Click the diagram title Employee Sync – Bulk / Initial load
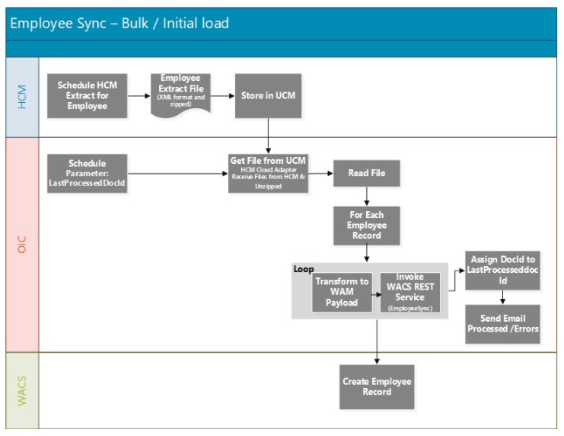pos(119,24)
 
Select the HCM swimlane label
pos(22,97)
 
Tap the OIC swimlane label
pos(22,245)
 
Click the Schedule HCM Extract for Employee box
pos(87,96)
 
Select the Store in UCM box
pos(268,96)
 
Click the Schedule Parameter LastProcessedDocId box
pos(87,173)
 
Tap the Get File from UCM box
pos(268,173)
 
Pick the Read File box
pos(367,174)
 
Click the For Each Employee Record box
pos(367,226)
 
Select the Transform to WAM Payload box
pos(342,292)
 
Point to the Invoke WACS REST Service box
pos(410,292)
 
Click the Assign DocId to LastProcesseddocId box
pos(502,271)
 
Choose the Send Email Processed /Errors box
pos(502,324)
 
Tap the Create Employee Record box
pos(377,386)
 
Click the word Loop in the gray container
pos(304,270)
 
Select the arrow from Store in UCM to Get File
pos(268,136)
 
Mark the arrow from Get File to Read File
pos(320,174)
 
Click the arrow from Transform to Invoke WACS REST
pos(375,293)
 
